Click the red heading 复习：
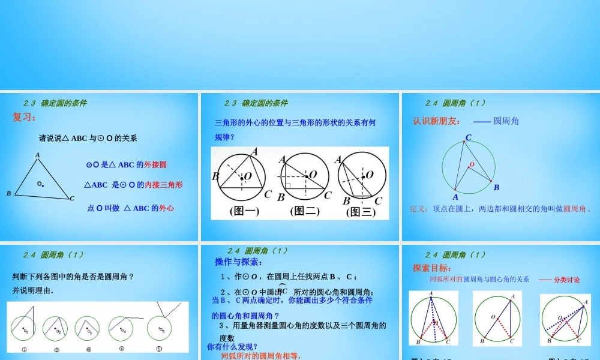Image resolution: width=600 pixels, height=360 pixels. pos(25,117)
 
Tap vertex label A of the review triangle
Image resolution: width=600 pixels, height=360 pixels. pos(37,155)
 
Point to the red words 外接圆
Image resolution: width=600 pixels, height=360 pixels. pos(155,164)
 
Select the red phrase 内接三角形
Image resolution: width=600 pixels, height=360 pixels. pos(164,185)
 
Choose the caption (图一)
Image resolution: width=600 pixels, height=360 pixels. pos(244,211)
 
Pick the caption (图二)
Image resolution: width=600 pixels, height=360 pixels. pos(305,211)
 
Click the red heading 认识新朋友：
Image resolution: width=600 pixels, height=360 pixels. pos(437,121)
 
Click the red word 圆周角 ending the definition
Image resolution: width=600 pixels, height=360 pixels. pos(575,209)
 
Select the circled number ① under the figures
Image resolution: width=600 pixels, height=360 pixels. pos(24,350)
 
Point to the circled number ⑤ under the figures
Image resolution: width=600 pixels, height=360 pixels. pos(159,349)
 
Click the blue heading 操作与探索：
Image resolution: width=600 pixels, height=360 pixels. pos(239,262)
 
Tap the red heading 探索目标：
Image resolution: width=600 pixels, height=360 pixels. pos(432,268)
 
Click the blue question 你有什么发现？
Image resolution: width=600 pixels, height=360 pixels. pos(233,346)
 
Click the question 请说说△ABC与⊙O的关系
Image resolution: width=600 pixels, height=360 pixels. pos(88,138)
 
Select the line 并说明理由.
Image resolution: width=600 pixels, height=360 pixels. pos(33,291)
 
